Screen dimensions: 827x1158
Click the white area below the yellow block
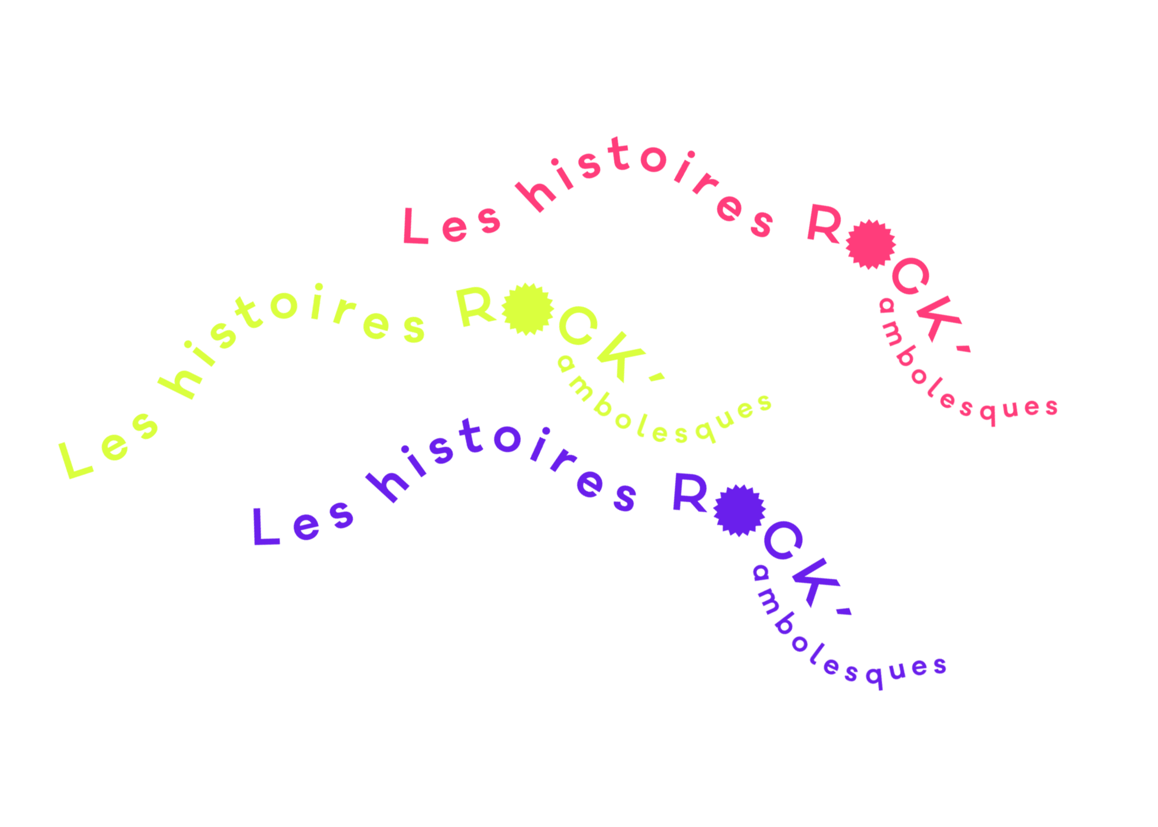(x=153, y=586)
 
